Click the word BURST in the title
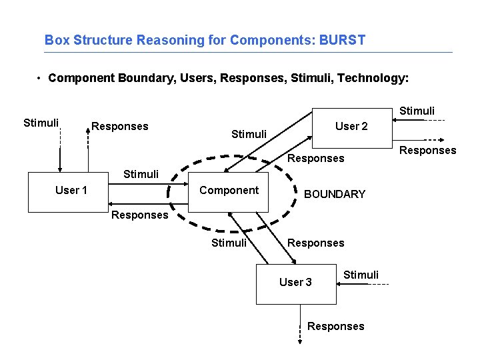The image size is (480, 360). point(343,40)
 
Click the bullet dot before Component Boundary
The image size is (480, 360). point(41,78)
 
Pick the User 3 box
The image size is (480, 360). point(296,283)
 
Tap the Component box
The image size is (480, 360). point(229,192)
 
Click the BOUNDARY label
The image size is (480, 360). point(335,194)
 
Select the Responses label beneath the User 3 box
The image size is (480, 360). point(336,326)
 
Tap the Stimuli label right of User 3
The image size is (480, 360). point(361,275)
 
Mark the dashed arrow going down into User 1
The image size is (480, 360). point(60,151)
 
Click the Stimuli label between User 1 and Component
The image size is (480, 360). point(141,175)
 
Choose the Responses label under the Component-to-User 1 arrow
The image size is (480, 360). point(139,215)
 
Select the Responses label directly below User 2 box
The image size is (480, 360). point(315,158)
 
